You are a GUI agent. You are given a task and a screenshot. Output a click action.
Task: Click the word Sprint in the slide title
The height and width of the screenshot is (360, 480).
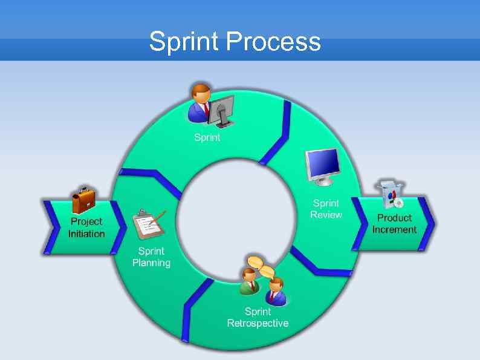(x=185, y=42)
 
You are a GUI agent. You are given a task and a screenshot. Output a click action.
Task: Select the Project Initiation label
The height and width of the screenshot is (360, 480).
(x=86, y=227)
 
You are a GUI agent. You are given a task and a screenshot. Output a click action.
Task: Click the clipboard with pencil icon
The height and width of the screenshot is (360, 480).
(x=148, y=223)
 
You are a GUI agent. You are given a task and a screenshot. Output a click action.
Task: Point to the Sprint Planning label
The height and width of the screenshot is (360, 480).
(x=151, y=257)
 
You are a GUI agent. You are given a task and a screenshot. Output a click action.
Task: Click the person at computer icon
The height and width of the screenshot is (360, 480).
(x=211, y=105)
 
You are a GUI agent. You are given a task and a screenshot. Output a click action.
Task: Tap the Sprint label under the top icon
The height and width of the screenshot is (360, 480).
(x=207, y=137)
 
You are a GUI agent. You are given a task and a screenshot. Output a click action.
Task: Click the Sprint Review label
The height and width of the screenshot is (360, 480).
(x=326, y=209)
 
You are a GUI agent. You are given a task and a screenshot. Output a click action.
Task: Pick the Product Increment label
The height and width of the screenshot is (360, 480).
(x=394, y=223)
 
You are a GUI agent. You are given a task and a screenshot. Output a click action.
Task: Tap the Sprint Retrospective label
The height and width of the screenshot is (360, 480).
(x=258, y=317)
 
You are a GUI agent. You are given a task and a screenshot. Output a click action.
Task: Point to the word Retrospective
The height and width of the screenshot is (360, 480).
(x=258, y=323)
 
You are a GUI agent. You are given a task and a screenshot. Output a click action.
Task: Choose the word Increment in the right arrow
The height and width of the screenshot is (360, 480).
(x=394, y=229)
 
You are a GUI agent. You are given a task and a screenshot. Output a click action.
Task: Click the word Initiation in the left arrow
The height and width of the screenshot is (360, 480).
(x=86, y=234)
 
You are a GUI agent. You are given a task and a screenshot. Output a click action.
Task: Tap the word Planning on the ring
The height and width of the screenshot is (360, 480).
(x=151, y=263)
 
